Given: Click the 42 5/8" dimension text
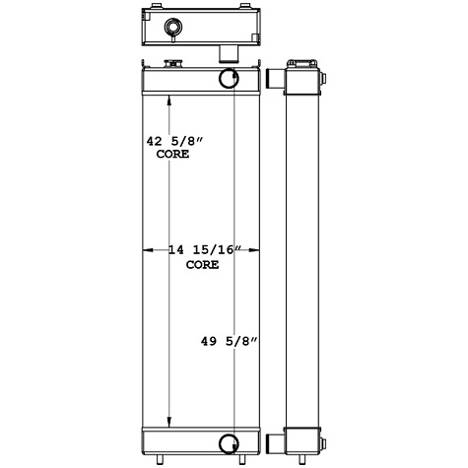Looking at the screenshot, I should click(167, 142).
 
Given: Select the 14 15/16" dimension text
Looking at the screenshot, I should click(203, 251).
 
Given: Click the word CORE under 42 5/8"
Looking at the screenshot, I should click(171, 156).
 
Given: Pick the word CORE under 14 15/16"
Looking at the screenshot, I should click(202, 265).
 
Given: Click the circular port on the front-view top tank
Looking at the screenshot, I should click(227, 80).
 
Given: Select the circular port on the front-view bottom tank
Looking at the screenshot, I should click(227, 441).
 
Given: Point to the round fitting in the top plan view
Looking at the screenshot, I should click(173, 26).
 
